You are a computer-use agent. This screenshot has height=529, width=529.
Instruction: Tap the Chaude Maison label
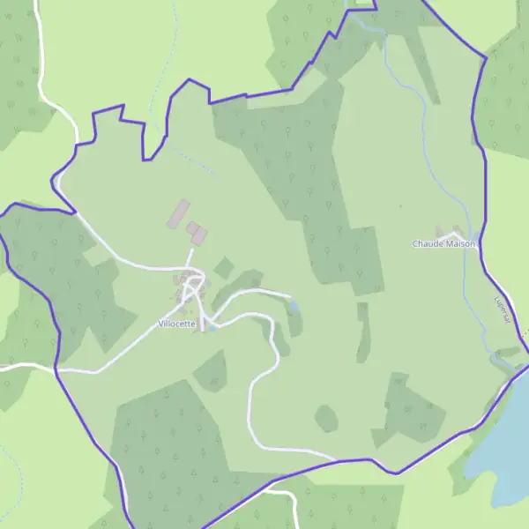pos(443,243)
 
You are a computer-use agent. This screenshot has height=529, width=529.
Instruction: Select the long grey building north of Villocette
pos(179,212)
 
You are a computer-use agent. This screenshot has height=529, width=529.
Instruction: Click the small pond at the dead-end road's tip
pos(294,306)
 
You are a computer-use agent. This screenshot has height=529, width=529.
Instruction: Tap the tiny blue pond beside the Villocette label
pos(211,329)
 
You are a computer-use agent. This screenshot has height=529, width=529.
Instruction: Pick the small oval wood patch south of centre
pos(326,418)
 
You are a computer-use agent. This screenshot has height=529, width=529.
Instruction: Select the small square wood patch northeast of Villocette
pos(224,267)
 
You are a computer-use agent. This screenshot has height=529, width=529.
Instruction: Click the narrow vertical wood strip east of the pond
pos(362,332)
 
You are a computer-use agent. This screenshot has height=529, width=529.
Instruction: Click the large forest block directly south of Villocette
pos(168,441)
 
